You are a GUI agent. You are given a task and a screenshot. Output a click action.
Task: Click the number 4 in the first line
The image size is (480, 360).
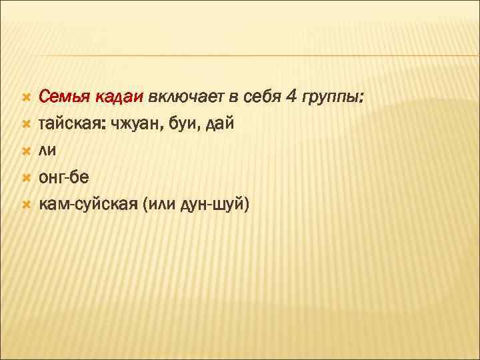pyautogui.click(x=292, y=98)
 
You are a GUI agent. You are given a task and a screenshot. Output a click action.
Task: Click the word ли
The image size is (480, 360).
pyautogui.click(x=47, y=151)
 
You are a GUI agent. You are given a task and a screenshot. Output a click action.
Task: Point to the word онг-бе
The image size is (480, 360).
pyautogui.click(x=68, y=178)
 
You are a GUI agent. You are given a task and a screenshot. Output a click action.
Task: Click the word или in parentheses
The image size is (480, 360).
pyautogui.click(x=160, y=205)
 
